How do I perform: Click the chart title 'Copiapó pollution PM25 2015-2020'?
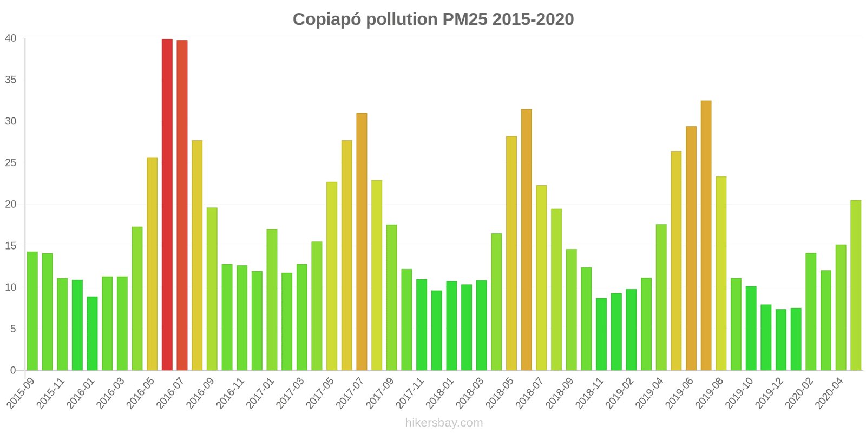[433, 19]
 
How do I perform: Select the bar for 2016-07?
[182, 206]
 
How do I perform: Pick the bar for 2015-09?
[32, 311]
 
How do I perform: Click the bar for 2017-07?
[362, 242]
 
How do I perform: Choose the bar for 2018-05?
[511, 253]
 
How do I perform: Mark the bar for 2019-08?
[721, 273]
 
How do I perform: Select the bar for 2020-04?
[841, 307]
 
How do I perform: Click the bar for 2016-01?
[93, 333]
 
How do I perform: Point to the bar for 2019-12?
[781, 340]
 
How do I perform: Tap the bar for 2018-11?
[601, 334]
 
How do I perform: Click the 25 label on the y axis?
[11, 163]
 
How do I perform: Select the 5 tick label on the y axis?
[14, 329]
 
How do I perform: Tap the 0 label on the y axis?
[14, 371]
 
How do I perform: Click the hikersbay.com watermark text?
[444, 423]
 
